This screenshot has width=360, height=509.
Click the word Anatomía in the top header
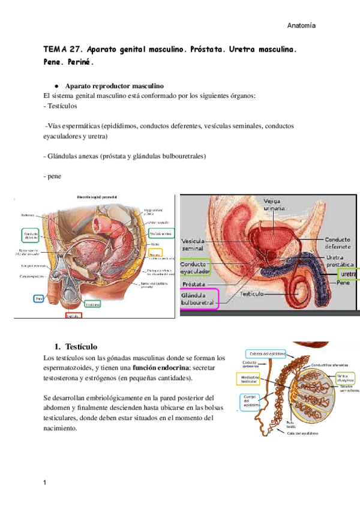point(301,26)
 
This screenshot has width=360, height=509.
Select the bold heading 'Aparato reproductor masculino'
point(114,86)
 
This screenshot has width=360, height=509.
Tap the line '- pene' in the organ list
point(53,176)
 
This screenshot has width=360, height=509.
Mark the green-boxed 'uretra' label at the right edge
point(347,274)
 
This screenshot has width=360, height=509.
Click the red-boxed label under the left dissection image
point(74,316)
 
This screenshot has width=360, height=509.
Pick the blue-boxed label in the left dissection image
point(39,298)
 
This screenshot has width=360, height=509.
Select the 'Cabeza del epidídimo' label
point(265,352)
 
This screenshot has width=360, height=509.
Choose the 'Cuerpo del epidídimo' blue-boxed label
point(250,401)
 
